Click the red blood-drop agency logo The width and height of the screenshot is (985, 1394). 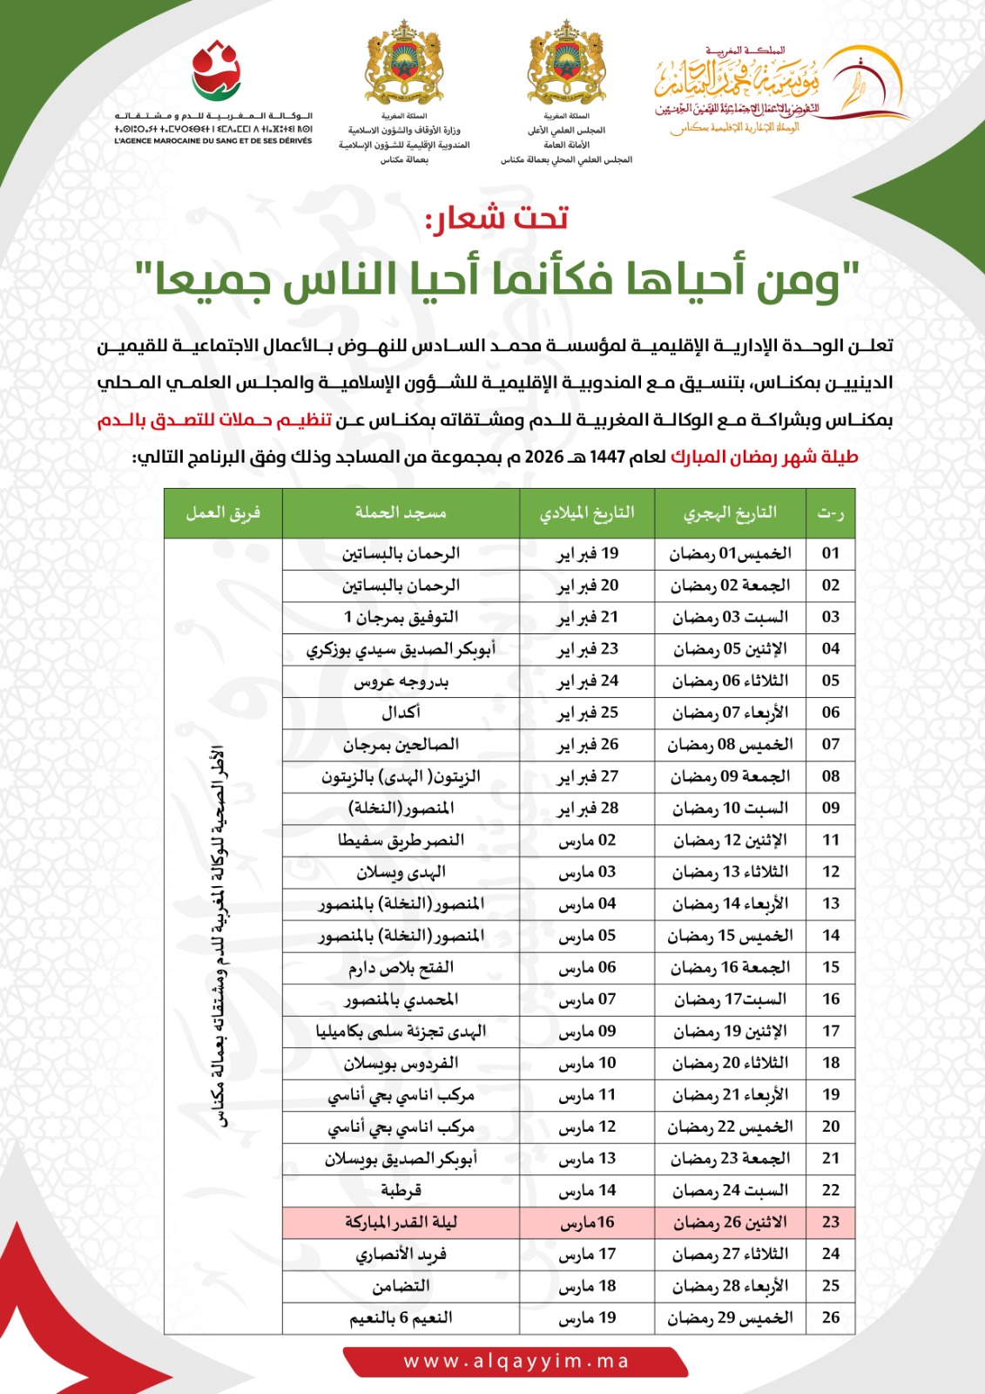215,71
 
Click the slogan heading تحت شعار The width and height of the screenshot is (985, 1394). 497,218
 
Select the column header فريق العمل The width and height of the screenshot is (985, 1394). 223,512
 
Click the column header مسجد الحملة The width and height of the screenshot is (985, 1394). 401,512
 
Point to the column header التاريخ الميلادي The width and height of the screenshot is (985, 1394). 587,512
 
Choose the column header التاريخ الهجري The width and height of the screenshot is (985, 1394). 730,512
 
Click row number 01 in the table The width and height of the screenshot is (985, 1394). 831,553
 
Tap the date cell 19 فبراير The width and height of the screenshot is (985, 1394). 588,553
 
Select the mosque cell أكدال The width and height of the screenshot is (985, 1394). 401,713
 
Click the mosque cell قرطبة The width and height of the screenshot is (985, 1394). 401,1190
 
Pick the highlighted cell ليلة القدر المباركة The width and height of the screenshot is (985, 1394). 401,1222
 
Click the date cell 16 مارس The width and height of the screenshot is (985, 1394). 588,1222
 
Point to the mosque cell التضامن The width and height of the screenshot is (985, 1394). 401,1286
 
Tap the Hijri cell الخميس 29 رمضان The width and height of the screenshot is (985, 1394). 730,1318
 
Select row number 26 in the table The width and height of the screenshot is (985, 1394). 831,1318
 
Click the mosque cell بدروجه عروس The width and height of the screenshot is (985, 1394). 401,681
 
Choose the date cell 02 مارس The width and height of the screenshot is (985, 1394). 588,841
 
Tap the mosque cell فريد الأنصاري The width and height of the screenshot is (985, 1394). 401,1255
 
